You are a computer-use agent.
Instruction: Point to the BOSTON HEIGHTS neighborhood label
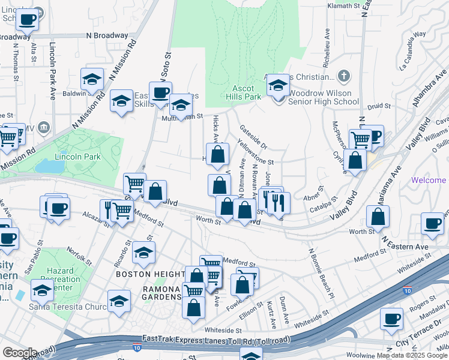coord(150,274)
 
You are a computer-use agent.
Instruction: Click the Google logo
coord(19,353)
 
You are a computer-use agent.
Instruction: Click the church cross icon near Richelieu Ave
coord(343,76)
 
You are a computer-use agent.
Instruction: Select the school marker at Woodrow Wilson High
coord(278,86)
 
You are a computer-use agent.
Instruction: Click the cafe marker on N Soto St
coord(160,93)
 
